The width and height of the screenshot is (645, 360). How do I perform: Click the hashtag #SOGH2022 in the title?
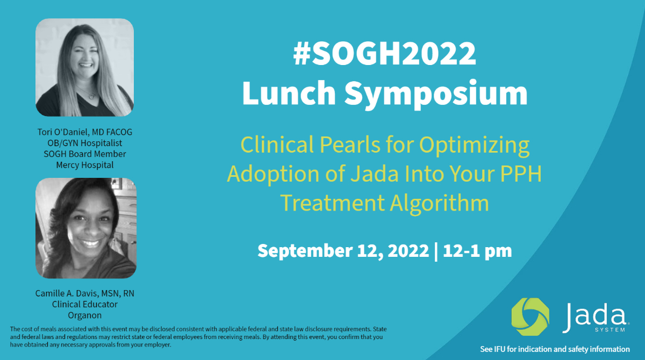coord(384,55)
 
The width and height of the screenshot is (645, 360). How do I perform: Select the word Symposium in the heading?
coord(436,95)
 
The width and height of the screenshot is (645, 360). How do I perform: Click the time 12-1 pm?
coord(477,250)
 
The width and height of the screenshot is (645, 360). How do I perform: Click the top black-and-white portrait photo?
coord(84,68)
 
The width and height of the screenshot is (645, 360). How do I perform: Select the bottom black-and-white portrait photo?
coord(85,228)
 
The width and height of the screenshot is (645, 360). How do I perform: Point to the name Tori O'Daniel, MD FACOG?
coord(85,132)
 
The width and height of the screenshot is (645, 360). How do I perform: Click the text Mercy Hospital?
coord(85,165)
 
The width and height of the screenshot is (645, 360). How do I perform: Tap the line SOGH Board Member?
coord(85,154)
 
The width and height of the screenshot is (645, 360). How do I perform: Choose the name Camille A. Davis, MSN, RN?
coord(85,293)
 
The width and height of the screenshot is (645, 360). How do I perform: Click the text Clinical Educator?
coord(85,304)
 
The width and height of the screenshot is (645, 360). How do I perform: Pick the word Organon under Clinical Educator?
coord(85,315)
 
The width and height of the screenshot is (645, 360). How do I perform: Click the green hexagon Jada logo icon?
coord(531,317)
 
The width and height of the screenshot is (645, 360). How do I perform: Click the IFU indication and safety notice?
coord(555,349)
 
